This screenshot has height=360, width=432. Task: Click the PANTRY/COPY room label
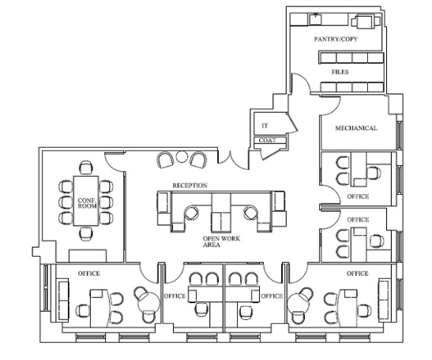tap(336, 39)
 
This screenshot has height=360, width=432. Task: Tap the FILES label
tap(340, 72)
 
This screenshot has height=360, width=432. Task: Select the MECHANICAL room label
tap(356, 128)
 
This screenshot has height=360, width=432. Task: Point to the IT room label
tap(265, 126)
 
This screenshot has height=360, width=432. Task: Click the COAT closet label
tap(267, 141)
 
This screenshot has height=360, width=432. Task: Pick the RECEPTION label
tap(190, 186)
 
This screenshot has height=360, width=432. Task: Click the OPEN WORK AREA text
tap(221, 242)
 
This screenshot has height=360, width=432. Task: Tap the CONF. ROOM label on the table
tap(87, 203)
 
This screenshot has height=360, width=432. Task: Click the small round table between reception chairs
tap(182, 157)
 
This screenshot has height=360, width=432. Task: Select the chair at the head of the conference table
tap(86, 167)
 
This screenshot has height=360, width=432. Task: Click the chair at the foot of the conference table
tap(86, 234)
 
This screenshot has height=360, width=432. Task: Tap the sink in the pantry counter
tap(315, 19)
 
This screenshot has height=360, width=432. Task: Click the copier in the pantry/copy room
tap(364, 21)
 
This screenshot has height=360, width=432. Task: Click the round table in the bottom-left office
tap(148, 303)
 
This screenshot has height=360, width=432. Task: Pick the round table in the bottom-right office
tap(299, 303)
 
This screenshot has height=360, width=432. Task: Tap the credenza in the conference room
tap(88, 256)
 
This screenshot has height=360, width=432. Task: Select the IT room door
tap(292, 122)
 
